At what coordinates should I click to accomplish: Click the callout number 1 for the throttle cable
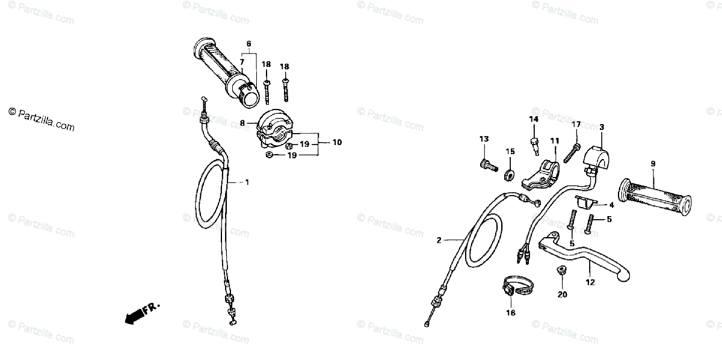coord(247,182)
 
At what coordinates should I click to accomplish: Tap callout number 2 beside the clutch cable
coord(439,240)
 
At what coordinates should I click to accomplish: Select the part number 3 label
coord(601,127)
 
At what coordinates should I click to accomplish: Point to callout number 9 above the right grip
coord(652,164)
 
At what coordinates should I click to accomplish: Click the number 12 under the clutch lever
coord(590,282)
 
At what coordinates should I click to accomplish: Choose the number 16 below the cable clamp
coord(510,312)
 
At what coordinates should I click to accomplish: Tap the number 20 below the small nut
coord(562,294)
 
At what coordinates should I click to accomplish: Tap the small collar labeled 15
coord(510,175)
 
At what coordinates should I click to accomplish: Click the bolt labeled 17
coord(575,146)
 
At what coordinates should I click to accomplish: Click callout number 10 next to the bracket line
coord(336,143)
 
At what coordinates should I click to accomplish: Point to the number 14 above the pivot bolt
coord(533,119)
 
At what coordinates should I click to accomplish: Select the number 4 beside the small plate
coord(611,205)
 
